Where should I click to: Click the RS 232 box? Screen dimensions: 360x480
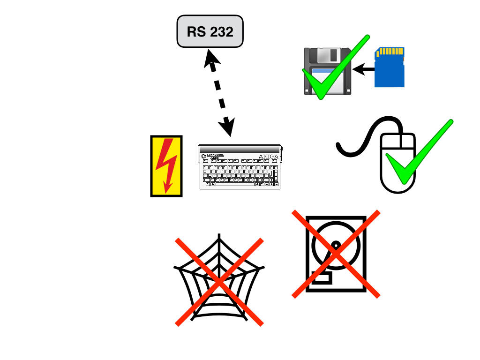210,31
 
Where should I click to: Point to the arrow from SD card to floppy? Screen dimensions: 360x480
364,70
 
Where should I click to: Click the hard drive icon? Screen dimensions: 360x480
336,254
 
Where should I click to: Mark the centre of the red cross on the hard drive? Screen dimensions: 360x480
336,254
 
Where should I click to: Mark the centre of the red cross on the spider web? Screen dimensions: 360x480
219,281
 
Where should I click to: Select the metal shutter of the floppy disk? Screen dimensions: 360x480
328,56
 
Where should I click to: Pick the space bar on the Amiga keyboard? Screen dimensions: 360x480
235,185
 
